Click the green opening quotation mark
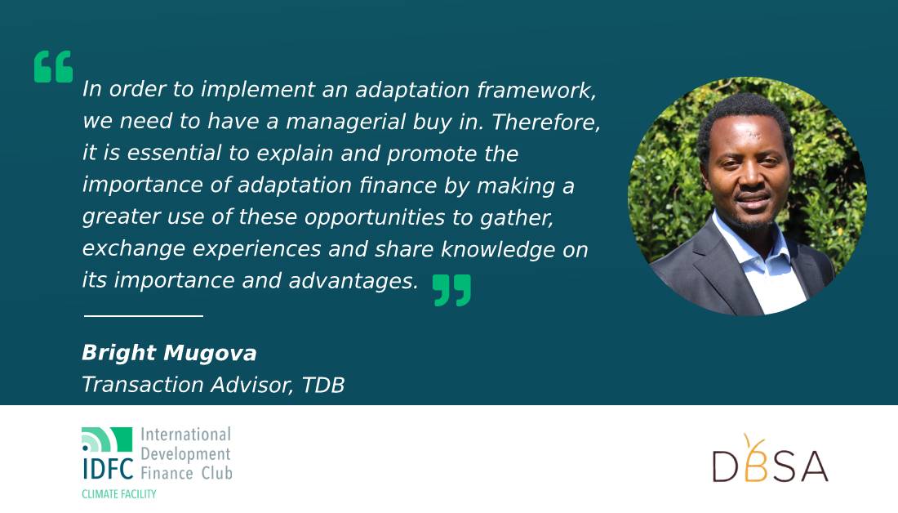point(53,66)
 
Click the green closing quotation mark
point(452,290)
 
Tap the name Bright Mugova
point(169,353)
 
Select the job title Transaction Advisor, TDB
point(213,385)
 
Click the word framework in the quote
point(536,90)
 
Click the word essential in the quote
point(174,153)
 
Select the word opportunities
point(375,218)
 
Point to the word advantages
point(353,282)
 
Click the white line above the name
point(143,315)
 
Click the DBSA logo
point(771,459)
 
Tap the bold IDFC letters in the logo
point(108,468)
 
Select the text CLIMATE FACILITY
point(118,494)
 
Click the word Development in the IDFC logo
point(185,454)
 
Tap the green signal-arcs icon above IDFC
point(106,439)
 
